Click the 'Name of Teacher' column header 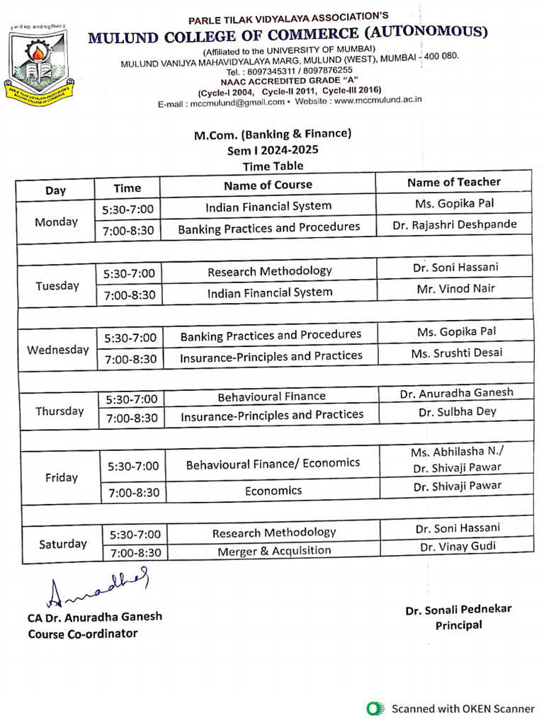(x=453, y=182)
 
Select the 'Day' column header (x=55, y=190)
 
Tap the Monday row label (x=56, y=222)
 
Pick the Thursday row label (x=59, y=411)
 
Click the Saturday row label (x=63, y=544)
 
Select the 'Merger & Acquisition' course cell (x=273, y=550)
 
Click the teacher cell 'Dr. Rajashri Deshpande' (x=454, y=224)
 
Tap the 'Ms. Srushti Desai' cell (x=455, y=353)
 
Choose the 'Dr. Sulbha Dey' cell (x=457, y=411)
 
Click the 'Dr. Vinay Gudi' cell (x=458, y=547)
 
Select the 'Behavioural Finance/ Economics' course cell (x=273, y=464)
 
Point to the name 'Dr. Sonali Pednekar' (x=458, y=610)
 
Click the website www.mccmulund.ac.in (x=378, y=100)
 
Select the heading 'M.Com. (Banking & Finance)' (x=273, y=133)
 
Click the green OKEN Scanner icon (x=374, y=708)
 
